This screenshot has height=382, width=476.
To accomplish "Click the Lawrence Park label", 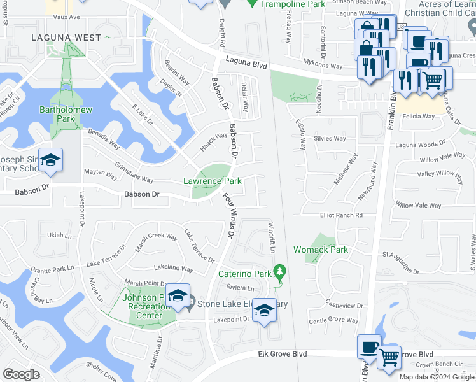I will click(x=213, y=181).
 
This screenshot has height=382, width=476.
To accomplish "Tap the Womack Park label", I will click(x=321, y=250).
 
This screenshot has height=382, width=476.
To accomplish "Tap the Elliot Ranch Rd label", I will click(x=341, y=215).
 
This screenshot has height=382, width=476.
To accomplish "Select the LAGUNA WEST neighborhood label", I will click(x=67, y=38).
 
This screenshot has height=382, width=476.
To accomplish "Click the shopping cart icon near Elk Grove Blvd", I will click(x=389, y=357).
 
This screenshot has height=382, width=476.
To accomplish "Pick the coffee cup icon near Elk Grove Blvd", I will click(x=369, y=347).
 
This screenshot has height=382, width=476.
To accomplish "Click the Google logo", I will click(x=21, y=374).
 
